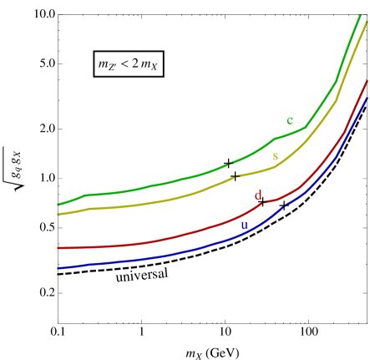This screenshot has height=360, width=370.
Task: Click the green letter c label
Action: coord(290,120)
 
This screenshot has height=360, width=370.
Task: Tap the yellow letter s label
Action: coord(275,156)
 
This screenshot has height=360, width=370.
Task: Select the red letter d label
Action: coord(258,195)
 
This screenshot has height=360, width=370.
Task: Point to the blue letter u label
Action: coord(244,225)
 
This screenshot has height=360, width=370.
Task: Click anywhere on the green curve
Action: coord(167,182)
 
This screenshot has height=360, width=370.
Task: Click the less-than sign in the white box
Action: coord(130,64)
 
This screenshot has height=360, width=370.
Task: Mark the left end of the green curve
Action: coord(58,205)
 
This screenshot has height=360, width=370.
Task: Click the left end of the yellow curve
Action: coord(58,215)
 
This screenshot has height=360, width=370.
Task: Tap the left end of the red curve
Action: coord(58,248)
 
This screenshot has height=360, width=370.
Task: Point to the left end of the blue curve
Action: coord(58,269)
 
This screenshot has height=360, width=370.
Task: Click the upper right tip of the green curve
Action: coord(360,16)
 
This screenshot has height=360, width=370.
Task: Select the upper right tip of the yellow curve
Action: coord(367,23)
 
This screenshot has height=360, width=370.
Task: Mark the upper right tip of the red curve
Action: coord(367,82)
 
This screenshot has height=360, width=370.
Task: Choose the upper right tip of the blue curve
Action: coord(368,98)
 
